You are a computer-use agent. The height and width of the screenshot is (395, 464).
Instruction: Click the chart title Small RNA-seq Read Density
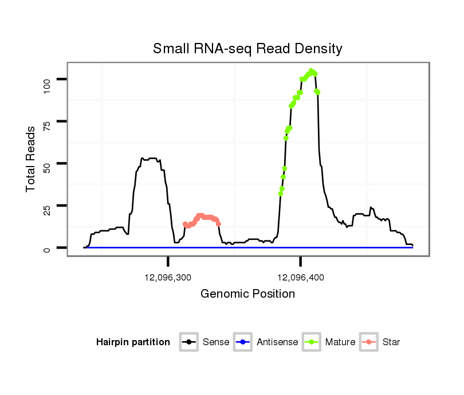(x=247, y=49)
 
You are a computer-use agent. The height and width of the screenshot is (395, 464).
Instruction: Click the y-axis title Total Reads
(x=31, y=159)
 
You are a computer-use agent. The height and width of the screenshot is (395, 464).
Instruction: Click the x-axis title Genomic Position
(x=247, y=294)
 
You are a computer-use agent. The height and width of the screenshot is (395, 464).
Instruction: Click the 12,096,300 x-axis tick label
(x=168, y=278)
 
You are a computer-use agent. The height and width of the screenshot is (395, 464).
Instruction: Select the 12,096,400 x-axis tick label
(x=301, y=278)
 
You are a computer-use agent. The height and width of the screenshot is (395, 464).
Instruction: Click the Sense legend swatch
(x=188, y=342)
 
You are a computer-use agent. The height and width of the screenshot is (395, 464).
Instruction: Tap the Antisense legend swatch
(x=243, y=342)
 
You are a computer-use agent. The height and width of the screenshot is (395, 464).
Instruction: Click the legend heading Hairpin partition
(x=133, y=342)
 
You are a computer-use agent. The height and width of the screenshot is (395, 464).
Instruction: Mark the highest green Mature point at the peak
(x=311, y=71)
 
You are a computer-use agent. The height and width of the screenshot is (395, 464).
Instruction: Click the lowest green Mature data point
(x=280, y=193)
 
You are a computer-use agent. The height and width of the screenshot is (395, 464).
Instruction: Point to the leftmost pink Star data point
(x=184, y=224)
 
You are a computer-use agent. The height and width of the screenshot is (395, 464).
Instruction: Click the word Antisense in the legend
(x=277, y=342)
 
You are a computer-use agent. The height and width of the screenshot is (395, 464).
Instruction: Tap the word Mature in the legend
(x=340, y=342)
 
